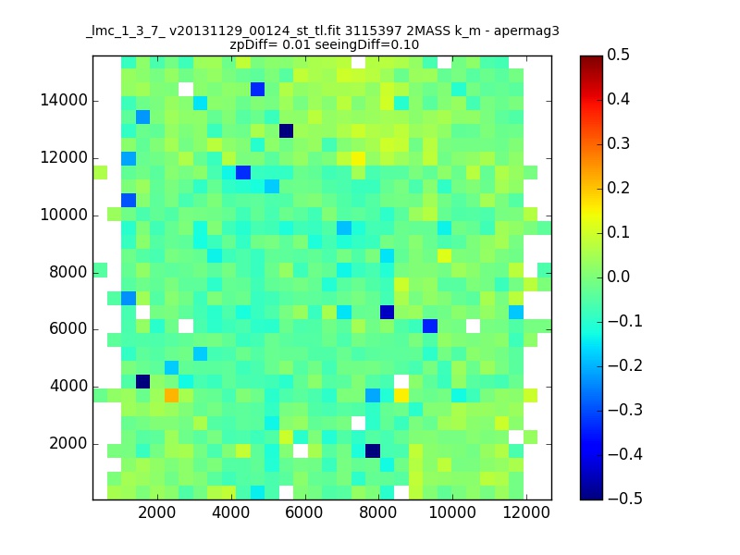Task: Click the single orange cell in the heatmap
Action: coord(171,395)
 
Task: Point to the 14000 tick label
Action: coord(64,101)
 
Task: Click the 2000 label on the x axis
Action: coord(156,512)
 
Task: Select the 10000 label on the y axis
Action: coord(64,216)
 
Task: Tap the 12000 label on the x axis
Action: coord(526,512)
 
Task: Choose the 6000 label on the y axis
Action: coord(68,329)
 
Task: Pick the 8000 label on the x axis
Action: coord(378,512)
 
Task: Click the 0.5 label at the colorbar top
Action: coord(618,55)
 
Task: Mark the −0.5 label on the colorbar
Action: coord(625,499)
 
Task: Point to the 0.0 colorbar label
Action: coord(618,277)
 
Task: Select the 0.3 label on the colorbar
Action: coord(618,143)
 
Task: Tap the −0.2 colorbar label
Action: coord(625,365)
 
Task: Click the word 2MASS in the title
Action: coord(428,31)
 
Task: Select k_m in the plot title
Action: coord(467,31)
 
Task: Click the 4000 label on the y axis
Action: coord(68,386)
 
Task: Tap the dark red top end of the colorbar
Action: coord(591,58)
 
